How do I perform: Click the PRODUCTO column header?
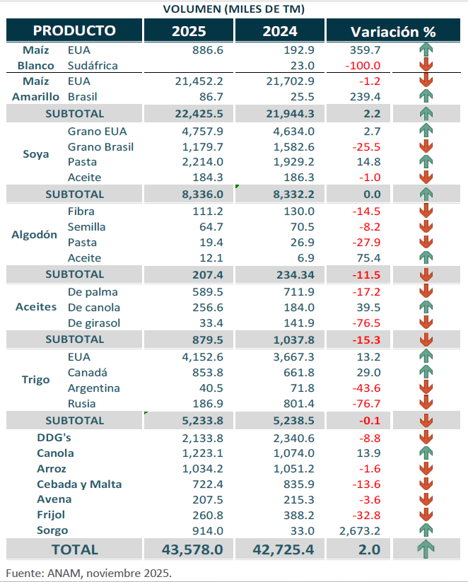coord(74,31)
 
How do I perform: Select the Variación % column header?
coord(393,32)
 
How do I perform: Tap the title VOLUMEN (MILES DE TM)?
coord(234,8)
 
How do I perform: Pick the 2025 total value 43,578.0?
coord(188,549)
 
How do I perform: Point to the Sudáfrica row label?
coord(93,65)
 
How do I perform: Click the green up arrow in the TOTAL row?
coord(425,549)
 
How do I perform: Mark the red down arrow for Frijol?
coord(425,515)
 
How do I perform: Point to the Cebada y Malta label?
coord(79,484)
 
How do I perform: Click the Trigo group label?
coord(36,380)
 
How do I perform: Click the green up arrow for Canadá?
coord(425,372)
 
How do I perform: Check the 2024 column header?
coord(280,32)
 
